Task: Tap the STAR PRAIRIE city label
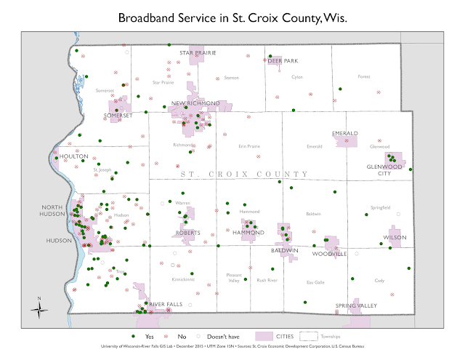[x=198, y=53]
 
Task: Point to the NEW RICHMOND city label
[x=195, y=104]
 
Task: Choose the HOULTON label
[x=74, y=156]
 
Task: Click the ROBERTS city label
[x=187, y=233]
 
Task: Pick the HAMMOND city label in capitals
[x=248, y=233]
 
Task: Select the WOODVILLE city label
[x=329, y=254]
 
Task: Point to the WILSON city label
[x=395, y=238]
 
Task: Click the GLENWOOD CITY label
[x=384, y=170]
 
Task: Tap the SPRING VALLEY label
[x=356, y=305]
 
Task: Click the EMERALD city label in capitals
[x=344, y=134]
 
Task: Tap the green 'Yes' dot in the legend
[x=134, y=337]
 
